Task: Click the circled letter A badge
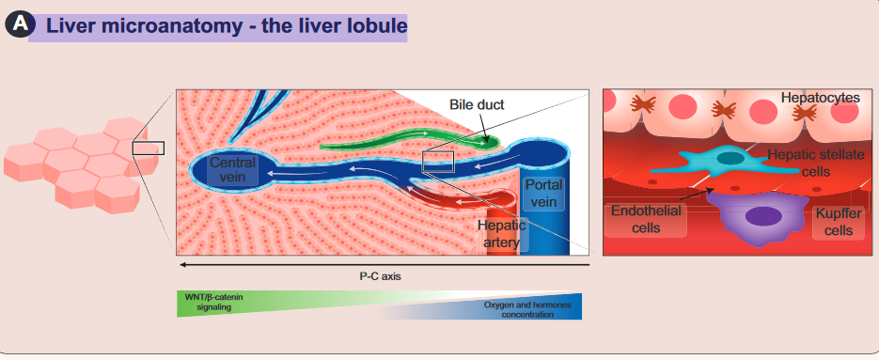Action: point(20,25)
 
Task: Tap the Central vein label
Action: point(232,170)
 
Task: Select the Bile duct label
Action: point(477,104)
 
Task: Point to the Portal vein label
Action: point(543,193)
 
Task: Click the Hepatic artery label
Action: point(500,234)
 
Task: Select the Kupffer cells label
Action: point(835,221)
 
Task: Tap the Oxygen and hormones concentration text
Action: point(527,309)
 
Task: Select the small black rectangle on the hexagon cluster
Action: point(148,148)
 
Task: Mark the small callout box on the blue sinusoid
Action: point(437,162)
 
